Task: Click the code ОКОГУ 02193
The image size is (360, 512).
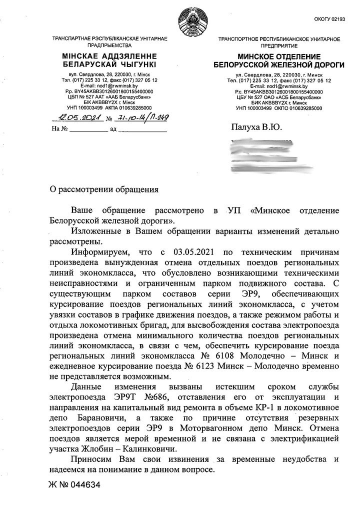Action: (329, 19)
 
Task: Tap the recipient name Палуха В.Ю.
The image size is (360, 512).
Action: (256, 127)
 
